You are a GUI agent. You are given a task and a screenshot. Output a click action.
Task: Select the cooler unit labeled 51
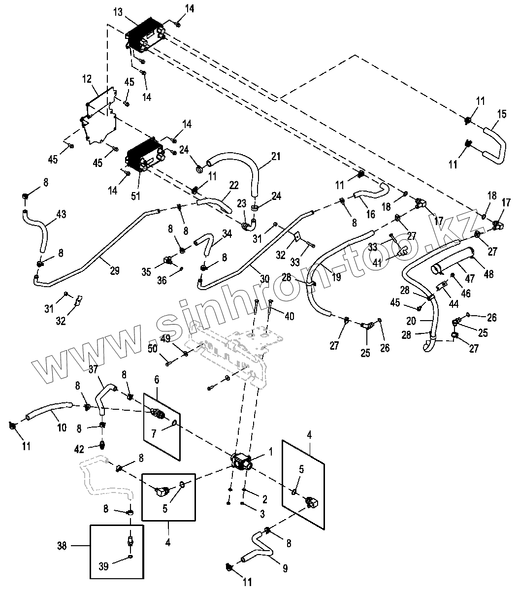[144, 159]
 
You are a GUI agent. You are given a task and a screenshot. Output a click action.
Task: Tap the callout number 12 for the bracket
[87, 78]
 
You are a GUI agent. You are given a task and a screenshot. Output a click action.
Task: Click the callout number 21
[275, 156]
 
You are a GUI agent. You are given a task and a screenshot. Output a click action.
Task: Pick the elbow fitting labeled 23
[249, 224]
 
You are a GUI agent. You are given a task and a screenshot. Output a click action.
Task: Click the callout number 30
[264, 278]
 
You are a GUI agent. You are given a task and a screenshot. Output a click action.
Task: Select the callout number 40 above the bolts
[289, 316]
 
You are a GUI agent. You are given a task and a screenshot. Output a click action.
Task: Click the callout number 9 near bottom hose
[285, 569]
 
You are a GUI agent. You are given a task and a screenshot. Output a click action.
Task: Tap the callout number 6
[157, 380]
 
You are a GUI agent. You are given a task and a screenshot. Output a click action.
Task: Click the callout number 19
[336, 277]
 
